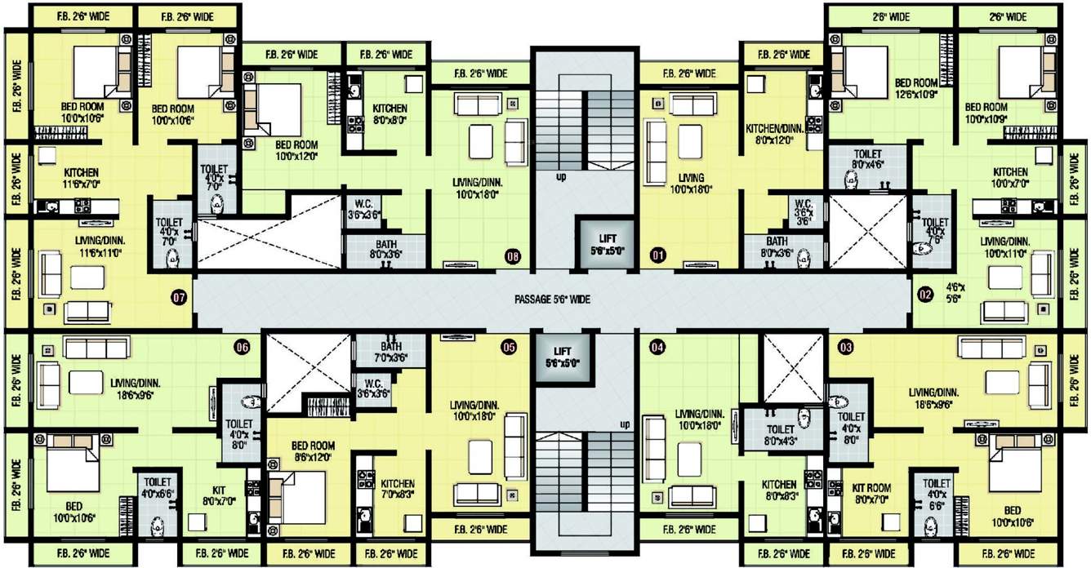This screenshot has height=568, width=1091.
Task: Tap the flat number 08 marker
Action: pos(512,255)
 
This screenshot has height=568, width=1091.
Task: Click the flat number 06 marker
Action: pos(241,347)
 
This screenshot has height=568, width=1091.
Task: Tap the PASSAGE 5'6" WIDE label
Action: pos(552,300)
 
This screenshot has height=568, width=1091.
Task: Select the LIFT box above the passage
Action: pos(606,242)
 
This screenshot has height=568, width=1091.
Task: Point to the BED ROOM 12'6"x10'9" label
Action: pos(916,89)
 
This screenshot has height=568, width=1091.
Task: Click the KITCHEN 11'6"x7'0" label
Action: pos(82,179)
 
